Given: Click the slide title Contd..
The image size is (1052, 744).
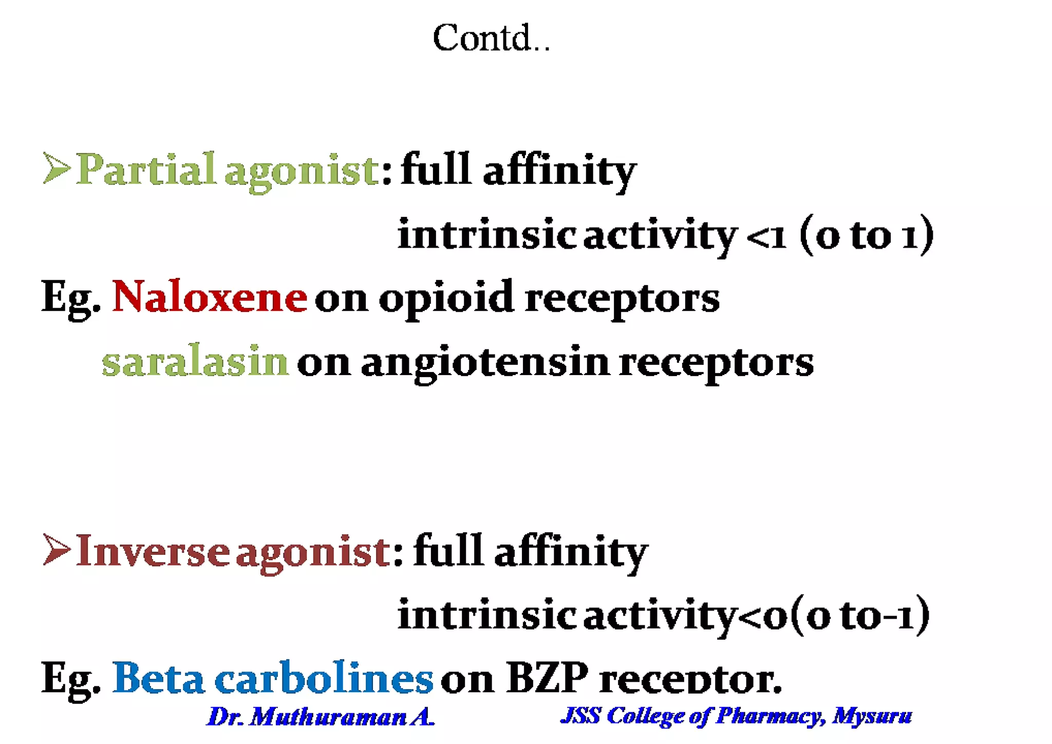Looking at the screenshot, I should (491, 38).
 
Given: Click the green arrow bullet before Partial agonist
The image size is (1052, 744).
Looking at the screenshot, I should (56, 168).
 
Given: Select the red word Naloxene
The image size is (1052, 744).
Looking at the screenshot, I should (210, 297).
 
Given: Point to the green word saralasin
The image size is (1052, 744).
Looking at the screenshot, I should (195, 361).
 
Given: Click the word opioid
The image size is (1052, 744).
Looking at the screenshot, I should (446, 299).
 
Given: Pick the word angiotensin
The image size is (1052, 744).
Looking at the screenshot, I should (485, 363).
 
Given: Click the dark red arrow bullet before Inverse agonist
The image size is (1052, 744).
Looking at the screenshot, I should (56, 550).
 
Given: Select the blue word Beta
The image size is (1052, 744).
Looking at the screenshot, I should (158, 678).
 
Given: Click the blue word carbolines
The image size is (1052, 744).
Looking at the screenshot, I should (324, 678).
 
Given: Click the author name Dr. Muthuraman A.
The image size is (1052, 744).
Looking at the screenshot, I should (321, 716).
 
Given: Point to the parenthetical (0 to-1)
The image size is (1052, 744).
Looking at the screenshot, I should (860, 616).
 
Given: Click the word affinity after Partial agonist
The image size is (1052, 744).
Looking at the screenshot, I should (559, 171).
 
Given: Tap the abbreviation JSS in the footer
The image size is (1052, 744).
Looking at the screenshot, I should (581, 716).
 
